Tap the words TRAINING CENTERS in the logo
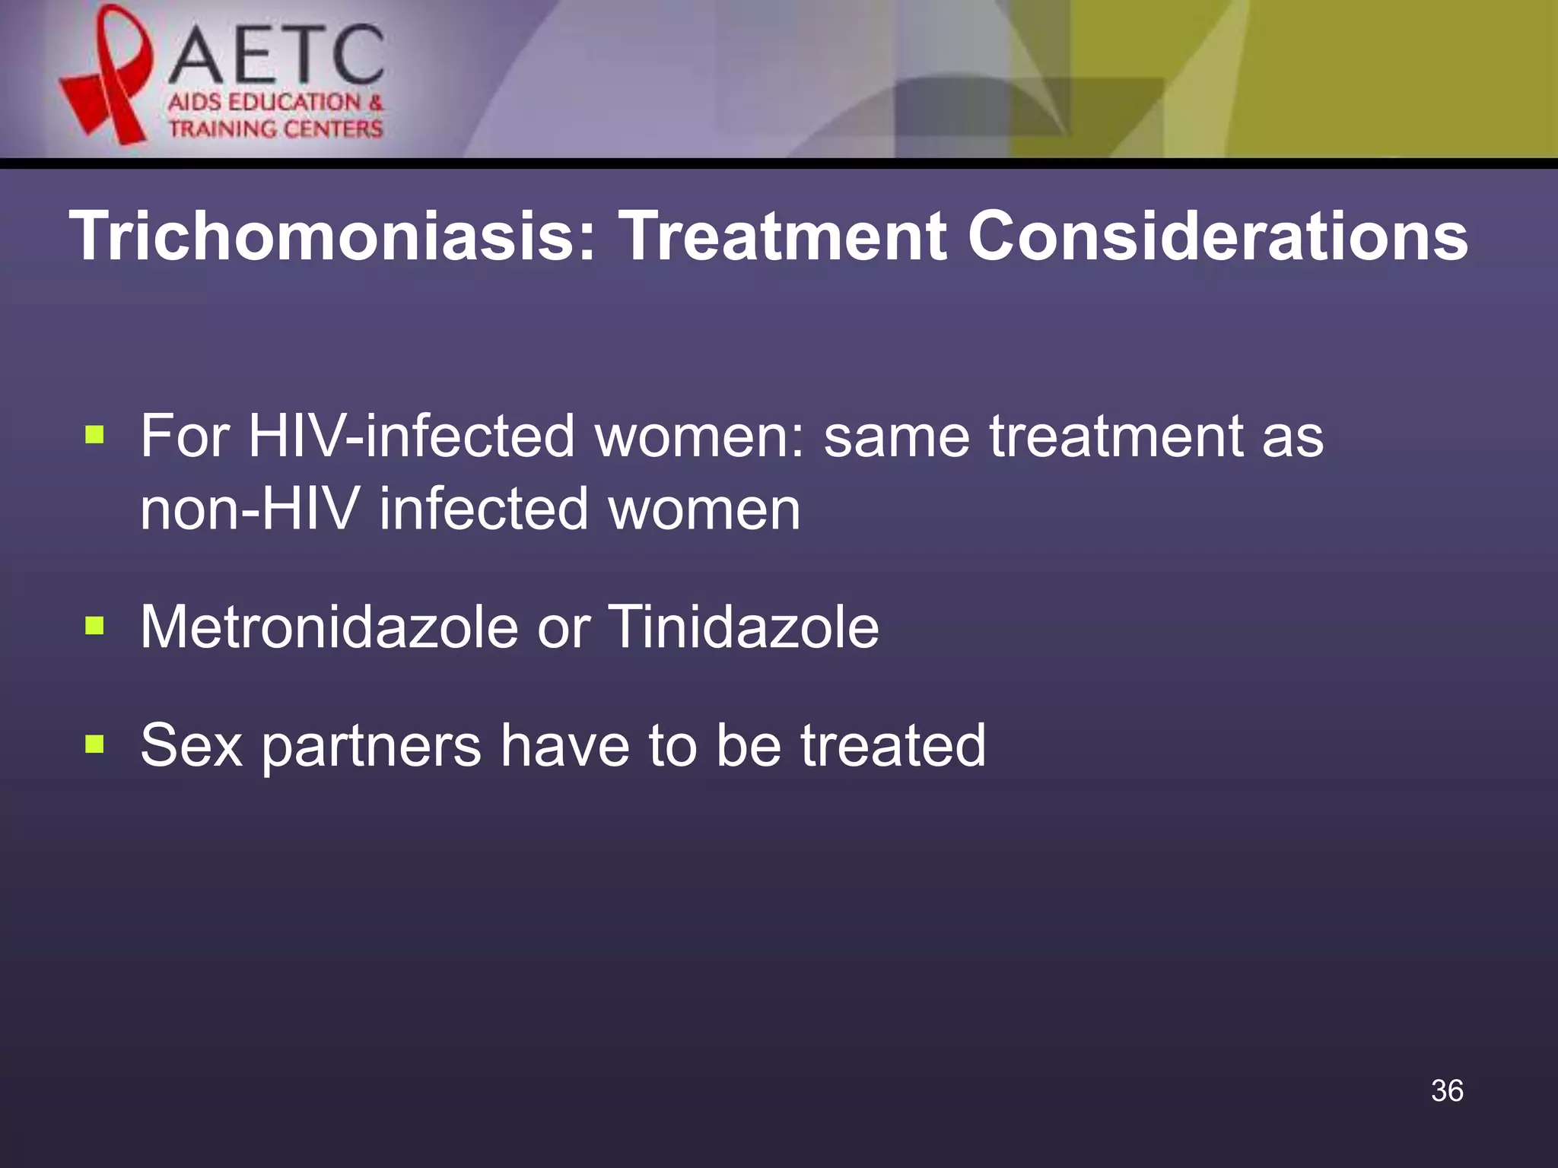tap(275, 129)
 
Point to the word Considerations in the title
tap(1217, 236)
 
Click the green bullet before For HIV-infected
tap(94, 435)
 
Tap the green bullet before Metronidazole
tap(94, 627)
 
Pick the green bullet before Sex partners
tap(94, 744)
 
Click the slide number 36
tap(1447, 1090)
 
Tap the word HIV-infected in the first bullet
tap(411, 436)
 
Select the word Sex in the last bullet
tap(191, 745)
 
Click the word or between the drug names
tap(563, 628)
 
